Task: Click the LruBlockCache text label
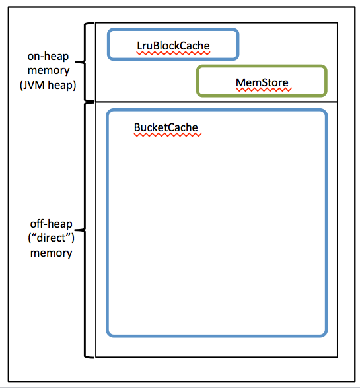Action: point(173,45)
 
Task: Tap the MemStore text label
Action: point(262,82)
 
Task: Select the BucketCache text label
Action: point(166,127)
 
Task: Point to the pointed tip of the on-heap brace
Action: point(78,63)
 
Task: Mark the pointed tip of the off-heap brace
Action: point(78,230)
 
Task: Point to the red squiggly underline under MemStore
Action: point(262,89)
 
